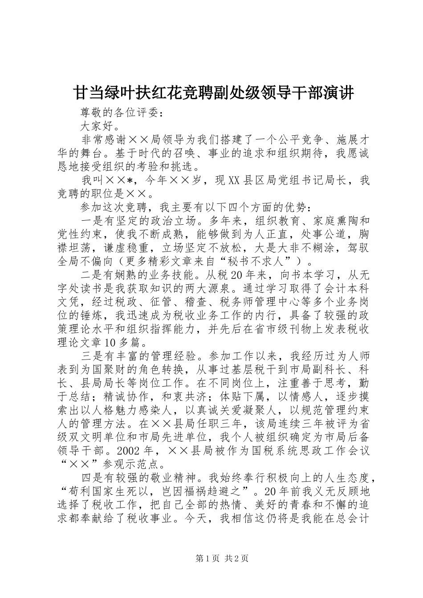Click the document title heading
(x=213, y=93)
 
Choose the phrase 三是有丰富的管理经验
(x=138, y=356)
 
